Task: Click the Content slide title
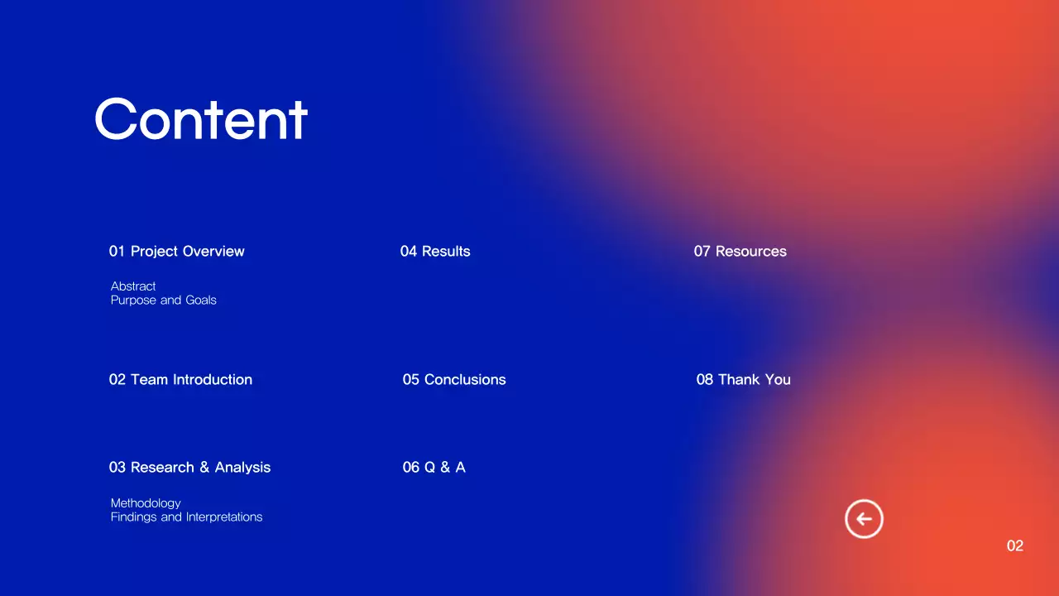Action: coord(201,119)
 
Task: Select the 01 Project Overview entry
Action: coord(176,252)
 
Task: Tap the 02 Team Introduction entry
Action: coord(180,380)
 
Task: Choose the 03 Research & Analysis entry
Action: coord(189,468)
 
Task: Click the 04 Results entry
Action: coord(435,252)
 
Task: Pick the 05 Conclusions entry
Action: coord(454,380)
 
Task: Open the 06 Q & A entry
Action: coord(434,468)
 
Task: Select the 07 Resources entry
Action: coord(740,252)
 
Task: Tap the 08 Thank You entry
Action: coord(743,380)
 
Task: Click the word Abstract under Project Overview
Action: coord(133,286)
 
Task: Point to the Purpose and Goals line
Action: coord(164,300)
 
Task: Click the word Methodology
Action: coord(146,503)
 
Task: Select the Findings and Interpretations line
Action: coord(186,517)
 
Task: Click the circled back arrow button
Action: coord(864,520)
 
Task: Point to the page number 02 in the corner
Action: coord(1015,546)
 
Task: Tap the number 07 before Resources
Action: coord(702,252)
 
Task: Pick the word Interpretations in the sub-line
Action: coord(223,517)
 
